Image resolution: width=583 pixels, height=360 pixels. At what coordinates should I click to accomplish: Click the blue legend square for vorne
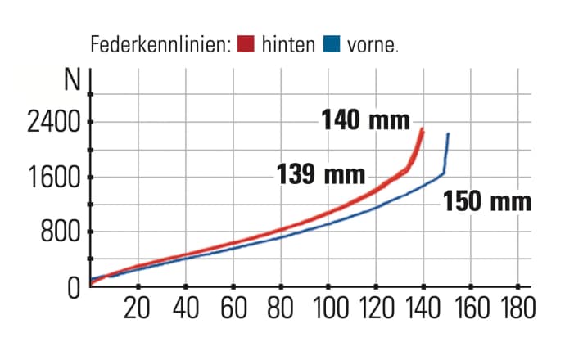pyautogui.click(x=332, y=43)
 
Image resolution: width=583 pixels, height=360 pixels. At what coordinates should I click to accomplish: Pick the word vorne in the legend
pyautogui.click(x=371, y=44)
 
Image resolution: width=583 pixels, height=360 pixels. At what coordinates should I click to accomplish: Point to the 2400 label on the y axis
pyautogui.click(x=50, y=124)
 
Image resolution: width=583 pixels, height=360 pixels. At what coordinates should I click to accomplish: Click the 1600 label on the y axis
pyautogui.click(x=50, y=178)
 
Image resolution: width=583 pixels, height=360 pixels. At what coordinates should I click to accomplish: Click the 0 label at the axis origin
pyautogui.click(x=72, y=287)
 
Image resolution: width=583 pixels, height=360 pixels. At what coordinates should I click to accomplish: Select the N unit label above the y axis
pyautogui.click(x=73, y=82)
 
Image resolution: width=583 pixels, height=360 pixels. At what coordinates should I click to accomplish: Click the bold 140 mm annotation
pyautogui.click(x=364, y=121)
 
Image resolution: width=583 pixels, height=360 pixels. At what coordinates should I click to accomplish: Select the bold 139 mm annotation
pyautogui.click(x=321, y=174)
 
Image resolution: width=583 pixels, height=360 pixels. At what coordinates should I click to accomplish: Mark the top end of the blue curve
pyautogui.click(x=448, y=134)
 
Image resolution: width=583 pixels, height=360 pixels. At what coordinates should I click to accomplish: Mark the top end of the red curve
pyautogui.click(x=422, y=129)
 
